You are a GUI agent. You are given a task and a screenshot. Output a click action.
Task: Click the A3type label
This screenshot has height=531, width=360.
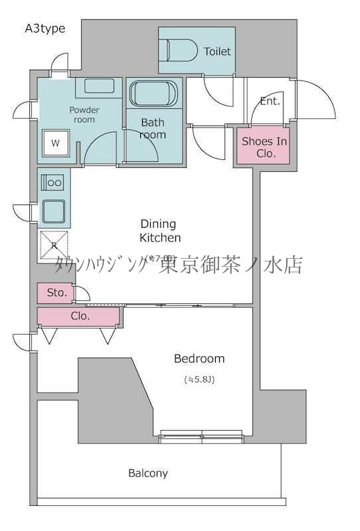click(x=45, y=28)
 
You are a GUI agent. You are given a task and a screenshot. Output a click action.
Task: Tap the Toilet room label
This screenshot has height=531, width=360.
click(x=217, y=51)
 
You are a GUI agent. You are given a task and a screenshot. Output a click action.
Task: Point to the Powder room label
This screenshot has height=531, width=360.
click(x=84, y=114)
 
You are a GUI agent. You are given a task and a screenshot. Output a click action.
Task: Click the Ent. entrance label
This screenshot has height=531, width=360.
click(x=270, y=102)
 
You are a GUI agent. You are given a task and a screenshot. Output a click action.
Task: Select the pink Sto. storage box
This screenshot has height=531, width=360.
click(x=54, y=293)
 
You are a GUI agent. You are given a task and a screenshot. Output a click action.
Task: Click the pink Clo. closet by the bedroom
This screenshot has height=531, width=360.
click(x=79, y=317)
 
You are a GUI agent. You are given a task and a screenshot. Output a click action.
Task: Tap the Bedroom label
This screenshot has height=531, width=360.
click(x=199, y=358)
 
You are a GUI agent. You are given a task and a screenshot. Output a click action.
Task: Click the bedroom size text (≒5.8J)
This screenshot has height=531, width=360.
click(x=199, y=380)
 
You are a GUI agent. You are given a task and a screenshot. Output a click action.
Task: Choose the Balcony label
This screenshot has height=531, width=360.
click(x=147, y=473)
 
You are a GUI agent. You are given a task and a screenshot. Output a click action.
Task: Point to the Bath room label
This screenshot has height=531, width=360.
click(x=153, y=128)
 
